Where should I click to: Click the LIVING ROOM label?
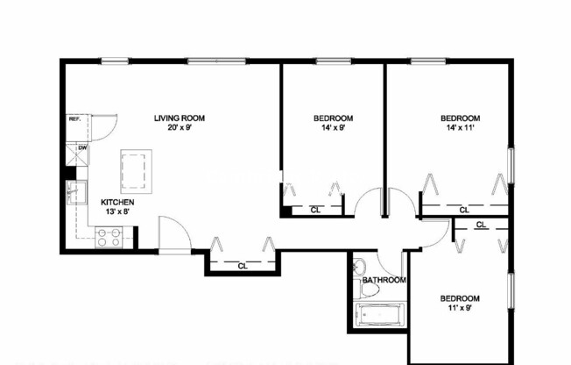click(179, 118)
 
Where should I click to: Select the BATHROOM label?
click(384, 280)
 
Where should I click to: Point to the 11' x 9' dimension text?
click(459, 308)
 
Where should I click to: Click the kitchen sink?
click(75, 191)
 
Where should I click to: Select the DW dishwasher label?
click(81, 148)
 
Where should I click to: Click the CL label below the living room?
click(243, 265)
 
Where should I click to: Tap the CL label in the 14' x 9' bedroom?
click(315, 210)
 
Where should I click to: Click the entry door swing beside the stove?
click(173, 233)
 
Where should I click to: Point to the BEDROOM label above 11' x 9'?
click(459, 298)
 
